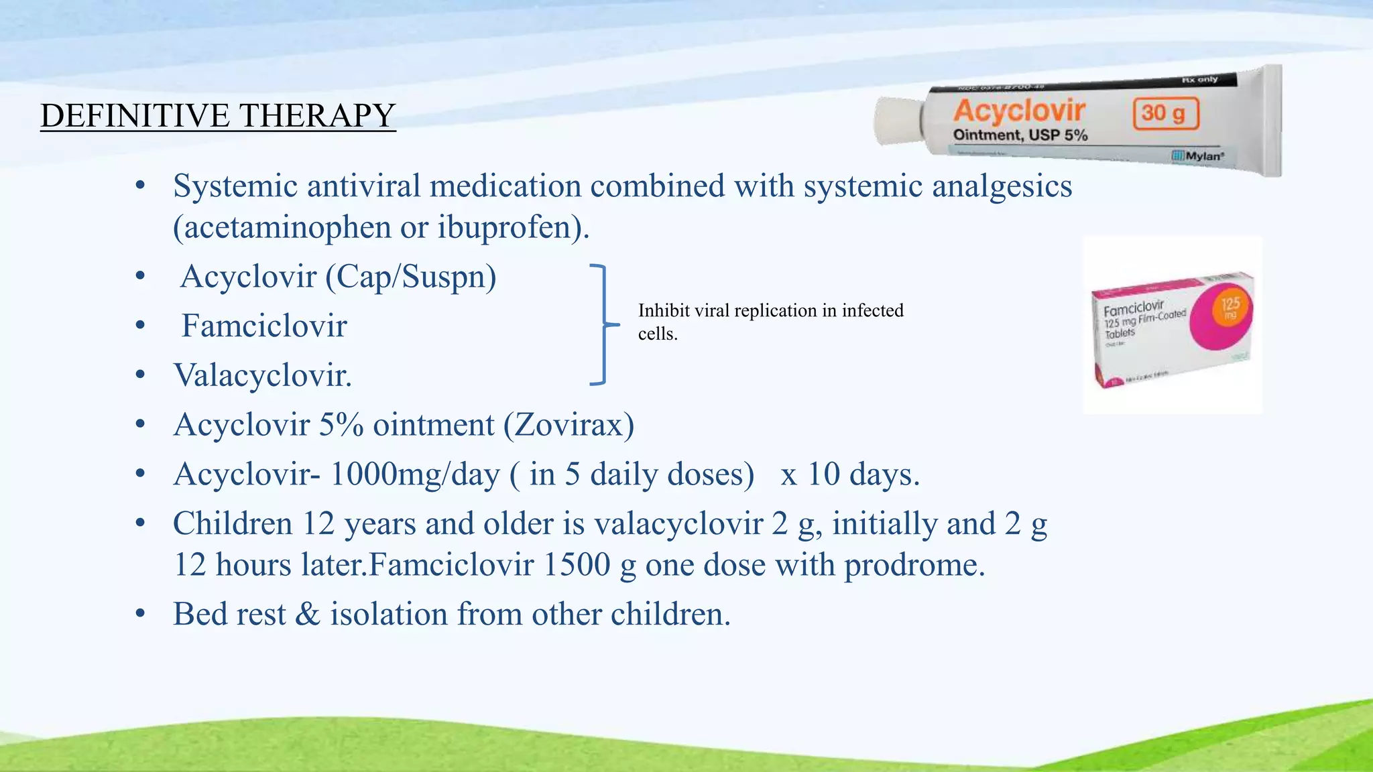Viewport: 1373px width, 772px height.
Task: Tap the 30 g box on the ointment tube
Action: (1166, 113)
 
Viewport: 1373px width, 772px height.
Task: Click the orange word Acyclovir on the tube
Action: (1019, 111)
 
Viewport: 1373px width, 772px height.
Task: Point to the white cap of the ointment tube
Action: (897, 121)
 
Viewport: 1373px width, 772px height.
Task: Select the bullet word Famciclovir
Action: (264, 326)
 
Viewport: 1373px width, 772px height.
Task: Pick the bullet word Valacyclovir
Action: (262, 375)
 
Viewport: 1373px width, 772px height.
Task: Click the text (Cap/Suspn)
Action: (411, 277)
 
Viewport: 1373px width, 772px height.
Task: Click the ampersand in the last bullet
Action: (307, 615)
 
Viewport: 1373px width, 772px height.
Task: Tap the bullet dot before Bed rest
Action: (140, 615)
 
